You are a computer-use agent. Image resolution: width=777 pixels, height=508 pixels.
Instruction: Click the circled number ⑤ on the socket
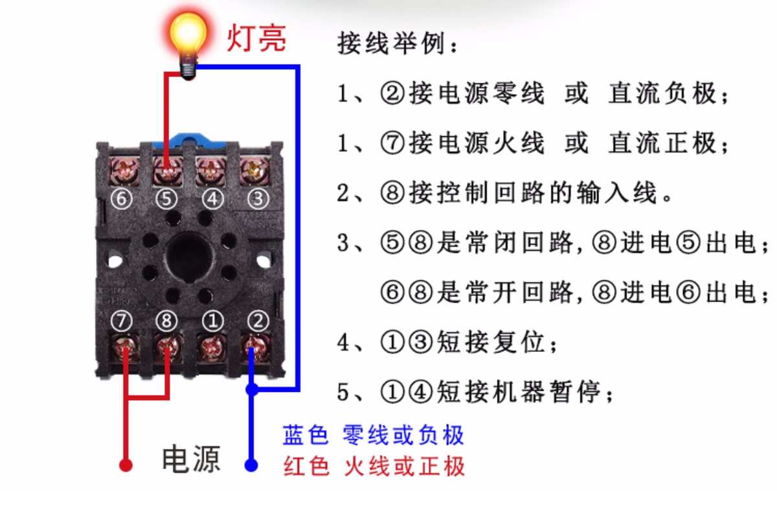166,199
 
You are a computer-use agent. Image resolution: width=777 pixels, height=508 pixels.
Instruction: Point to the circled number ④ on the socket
211,199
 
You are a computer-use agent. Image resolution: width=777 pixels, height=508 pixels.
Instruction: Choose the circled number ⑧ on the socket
166,319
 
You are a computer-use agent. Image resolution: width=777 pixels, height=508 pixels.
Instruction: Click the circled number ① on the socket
211,319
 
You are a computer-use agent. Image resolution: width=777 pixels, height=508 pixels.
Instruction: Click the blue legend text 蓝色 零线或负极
374,435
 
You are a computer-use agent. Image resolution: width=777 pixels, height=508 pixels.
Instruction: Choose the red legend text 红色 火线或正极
374,467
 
